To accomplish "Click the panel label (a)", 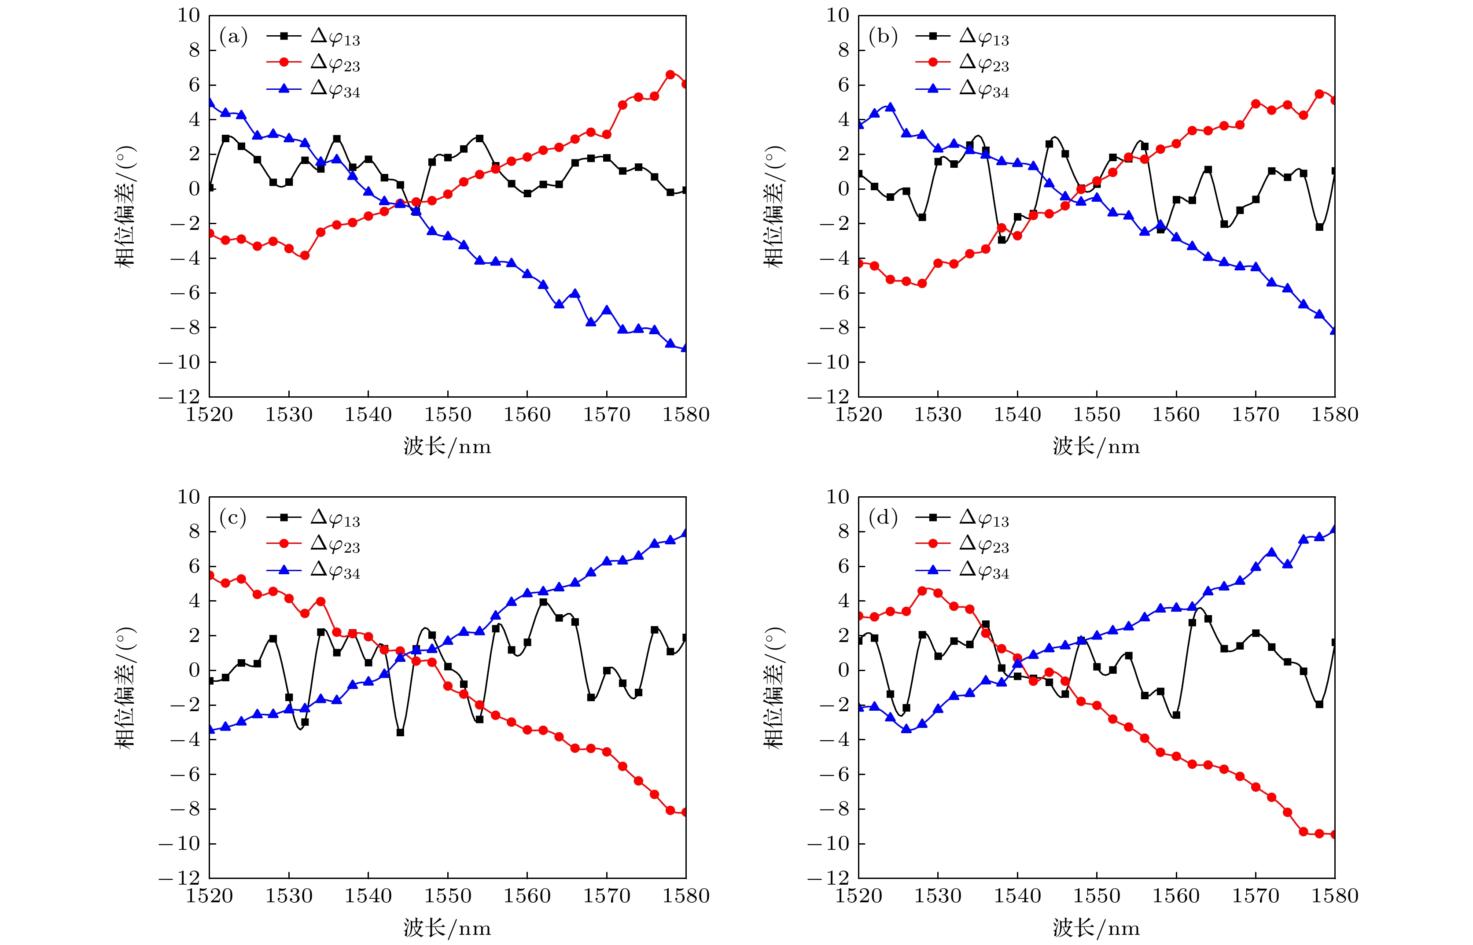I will click(x=233, y=37).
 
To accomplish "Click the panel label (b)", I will click(x=883, y=37).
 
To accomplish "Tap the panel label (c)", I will click(x=233, y=519).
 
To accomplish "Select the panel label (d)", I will click(x=883, y=519).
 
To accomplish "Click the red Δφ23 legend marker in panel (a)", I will click(x=284, y=62).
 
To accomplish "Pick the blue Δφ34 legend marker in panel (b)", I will click(x=933, y=89).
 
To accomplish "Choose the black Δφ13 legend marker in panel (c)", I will click(x=284, y=517).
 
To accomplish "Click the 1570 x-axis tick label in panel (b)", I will click(x=1256, y=415).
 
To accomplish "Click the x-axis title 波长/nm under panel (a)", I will click(x=447, y=446).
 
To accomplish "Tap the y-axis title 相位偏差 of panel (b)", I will click(x=774, y=206).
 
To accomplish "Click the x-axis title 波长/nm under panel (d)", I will click(x=1096, y=927).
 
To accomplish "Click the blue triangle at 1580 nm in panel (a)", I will click(x=685, y=348).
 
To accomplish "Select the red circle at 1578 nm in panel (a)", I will click(x=670, y=74).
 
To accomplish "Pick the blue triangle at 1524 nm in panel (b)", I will click(x=890, y=107).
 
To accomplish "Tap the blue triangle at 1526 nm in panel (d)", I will click(x=906, y=729).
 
